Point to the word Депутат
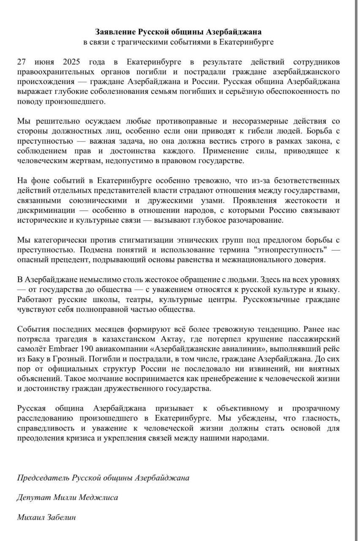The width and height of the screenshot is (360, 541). click(34, 497)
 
